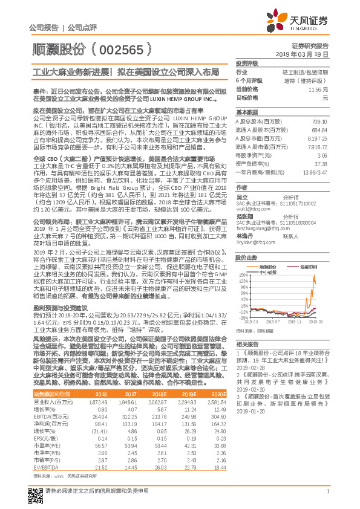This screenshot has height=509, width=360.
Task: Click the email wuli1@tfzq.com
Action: [248, 208]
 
